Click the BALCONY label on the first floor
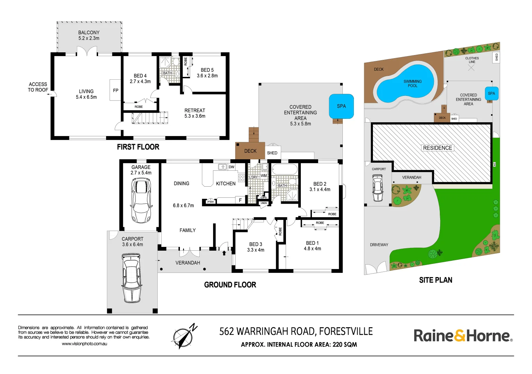click(x=89, y=33)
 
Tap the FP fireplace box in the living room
click(x=115, y=90)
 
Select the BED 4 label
click(x=140, y=76)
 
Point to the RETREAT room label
click(x=195, y=110)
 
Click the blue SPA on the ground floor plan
click(x=341, y=106)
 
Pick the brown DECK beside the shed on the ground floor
click(x=250, y=151)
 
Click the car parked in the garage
click(x=141, y=200)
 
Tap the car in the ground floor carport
click(x=132, y=278)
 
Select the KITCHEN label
click(x=226, y=184)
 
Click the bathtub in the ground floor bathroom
click(x=285, y=170)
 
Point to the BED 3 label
click(x=255, y=244)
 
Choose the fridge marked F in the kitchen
click(x=240, y=200)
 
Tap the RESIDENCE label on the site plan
click(x=437, y=148)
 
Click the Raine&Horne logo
click(x=463, y=336)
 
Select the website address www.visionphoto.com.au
click(x=85, y=344)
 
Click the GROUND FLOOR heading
click(x=230, y=285)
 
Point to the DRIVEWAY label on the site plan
click(x=379, y=245)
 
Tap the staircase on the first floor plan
click(x=150, y=118)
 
